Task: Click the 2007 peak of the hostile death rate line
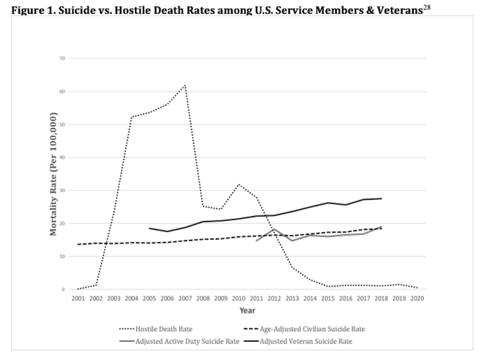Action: tap(185, 85)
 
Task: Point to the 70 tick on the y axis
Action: tap(63, 58)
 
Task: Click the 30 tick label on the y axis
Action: tap(63, 190)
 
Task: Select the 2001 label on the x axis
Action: tap(78, 299)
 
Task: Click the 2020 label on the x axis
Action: tap(417, 299)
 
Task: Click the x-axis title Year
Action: tap(247, 310)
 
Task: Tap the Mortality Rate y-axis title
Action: tap(54, 174)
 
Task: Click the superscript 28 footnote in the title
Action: tap(426, 6)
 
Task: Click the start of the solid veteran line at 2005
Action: tap(149, 228)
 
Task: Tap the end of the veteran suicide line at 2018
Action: tap(381, 198)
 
